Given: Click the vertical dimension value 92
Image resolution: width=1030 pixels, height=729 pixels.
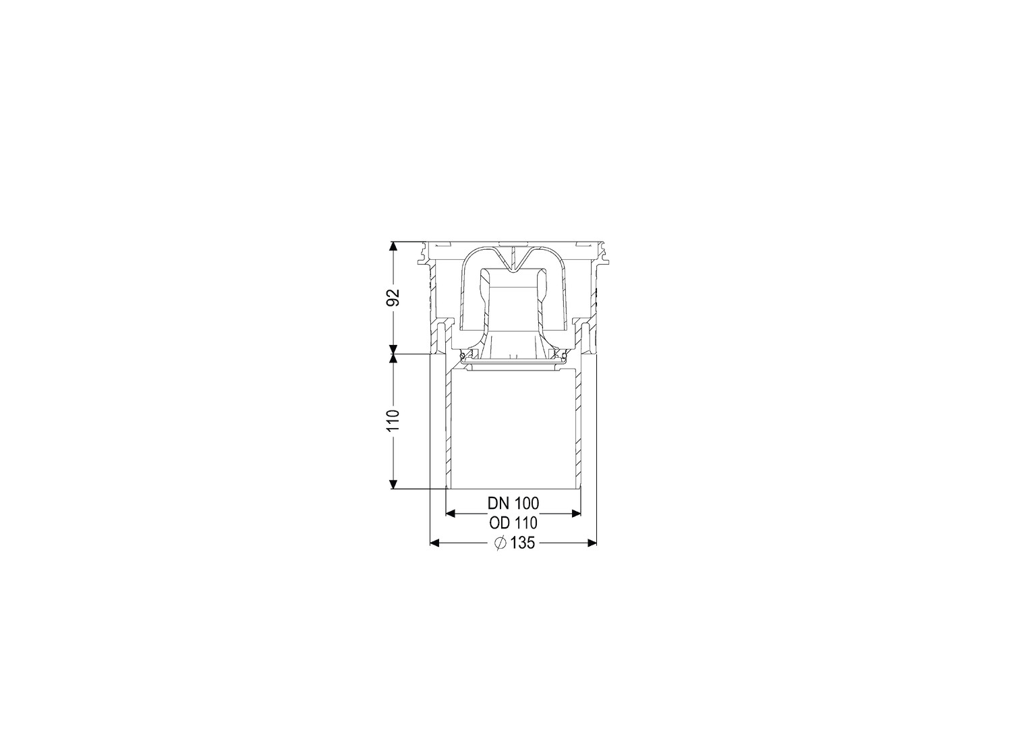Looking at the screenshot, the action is [393, 297].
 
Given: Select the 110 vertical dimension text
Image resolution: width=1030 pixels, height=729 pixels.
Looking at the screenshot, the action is [393, 420].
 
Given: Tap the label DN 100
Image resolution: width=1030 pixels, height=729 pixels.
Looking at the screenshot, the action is [513, 504].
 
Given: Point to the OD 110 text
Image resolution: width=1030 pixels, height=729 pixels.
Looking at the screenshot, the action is [513, 523].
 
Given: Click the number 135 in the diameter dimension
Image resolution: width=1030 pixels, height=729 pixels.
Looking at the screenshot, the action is [522, 543].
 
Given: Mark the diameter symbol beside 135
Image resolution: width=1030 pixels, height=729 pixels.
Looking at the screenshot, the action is [500, 543].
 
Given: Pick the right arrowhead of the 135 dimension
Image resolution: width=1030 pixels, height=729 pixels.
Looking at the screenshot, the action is [592, 543].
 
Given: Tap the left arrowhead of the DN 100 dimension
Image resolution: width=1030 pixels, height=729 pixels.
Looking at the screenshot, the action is [451, 514].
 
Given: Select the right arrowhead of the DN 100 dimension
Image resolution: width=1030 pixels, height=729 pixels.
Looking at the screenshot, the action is [575, 514].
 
